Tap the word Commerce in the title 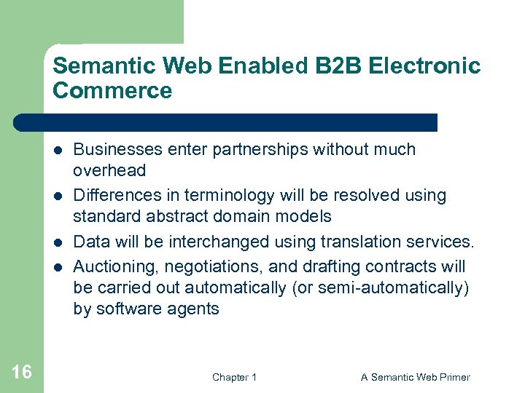pos(112,91)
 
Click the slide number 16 pos(22,373)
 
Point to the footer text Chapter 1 pos(234,377)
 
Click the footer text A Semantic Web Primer pos(415,377)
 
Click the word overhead pos(109,171)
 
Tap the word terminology pos(218,196)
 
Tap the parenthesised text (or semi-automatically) pos(380,287)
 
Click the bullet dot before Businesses pos(58,150)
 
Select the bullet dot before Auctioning pos(58,266)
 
